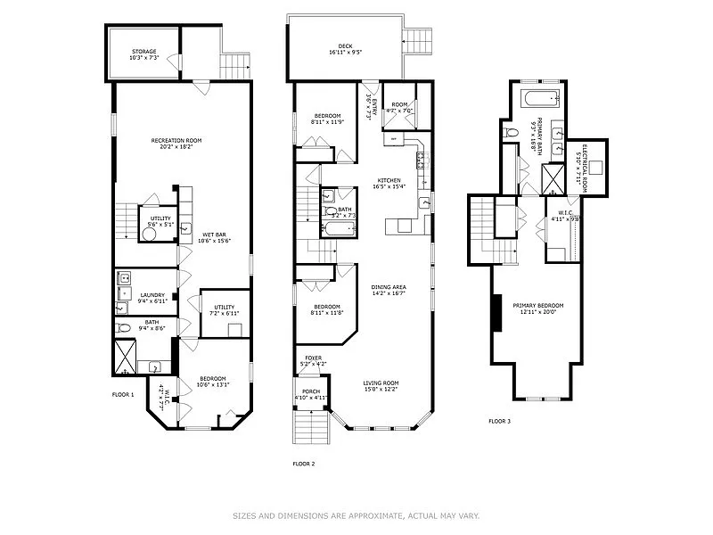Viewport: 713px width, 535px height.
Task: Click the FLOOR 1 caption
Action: pos(123,394)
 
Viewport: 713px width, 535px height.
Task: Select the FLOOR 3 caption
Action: pos(499,421)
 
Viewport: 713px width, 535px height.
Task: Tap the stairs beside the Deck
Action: pos(418,41)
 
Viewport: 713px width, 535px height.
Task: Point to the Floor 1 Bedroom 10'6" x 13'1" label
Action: pos(213,381)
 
